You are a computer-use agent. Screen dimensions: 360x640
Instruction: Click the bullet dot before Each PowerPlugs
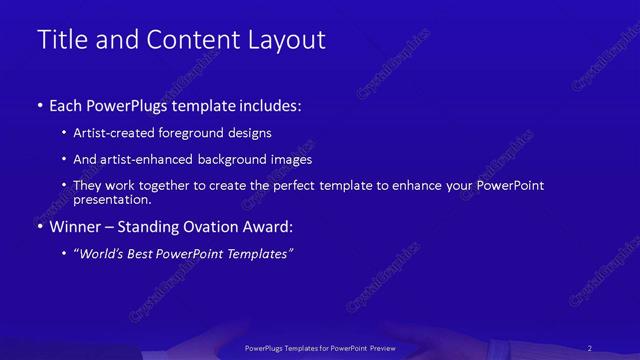[x=40, y=105]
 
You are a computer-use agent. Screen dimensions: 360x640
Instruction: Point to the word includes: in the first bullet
[x=266, y=105]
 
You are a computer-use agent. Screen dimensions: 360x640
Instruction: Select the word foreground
[x=203, y=133]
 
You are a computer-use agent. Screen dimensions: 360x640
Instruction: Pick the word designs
[x=253, y=133]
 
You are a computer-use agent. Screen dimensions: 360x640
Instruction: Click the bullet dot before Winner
[x=40, y=226]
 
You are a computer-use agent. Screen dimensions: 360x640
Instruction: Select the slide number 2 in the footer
[x=590, y=347]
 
